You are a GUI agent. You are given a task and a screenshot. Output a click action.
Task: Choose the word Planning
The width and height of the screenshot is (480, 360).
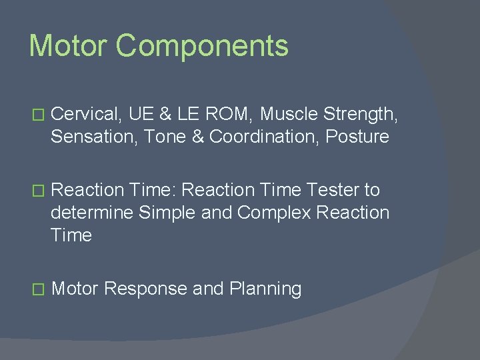pyautogui.click(x=265, y=289)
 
